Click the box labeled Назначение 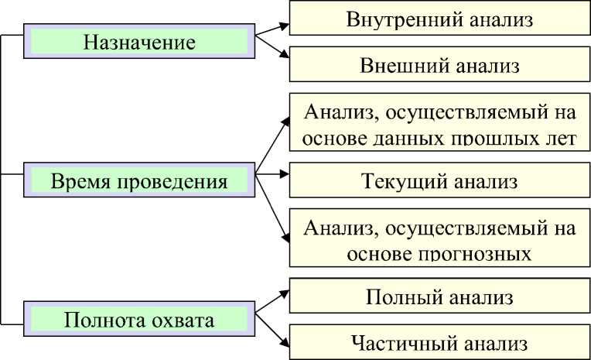[139, 40]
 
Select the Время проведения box [139, 182]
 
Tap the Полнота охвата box [139, 319]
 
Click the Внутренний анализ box [439, 19]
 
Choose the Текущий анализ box [439, 182]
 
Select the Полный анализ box [439, 297]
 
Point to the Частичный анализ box [439, 341]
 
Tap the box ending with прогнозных [439, 238]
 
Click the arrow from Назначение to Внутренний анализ [272, 30]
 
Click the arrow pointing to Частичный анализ [272, 330]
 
